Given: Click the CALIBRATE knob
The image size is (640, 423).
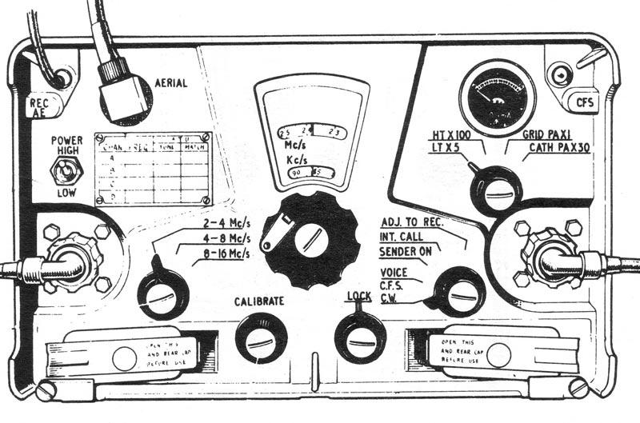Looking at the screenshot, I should (261, 337).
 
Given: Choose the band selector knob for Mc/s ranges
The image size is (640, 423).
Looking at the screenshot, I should (162, 295).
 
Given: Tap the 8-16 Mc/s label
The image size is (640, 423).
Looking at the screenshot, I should (222, 254).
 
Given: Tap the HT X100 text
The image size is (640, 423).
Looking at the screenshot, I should (457, 137).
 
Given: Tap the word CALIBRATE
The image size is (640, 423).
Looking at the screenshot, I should (258, 301).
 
